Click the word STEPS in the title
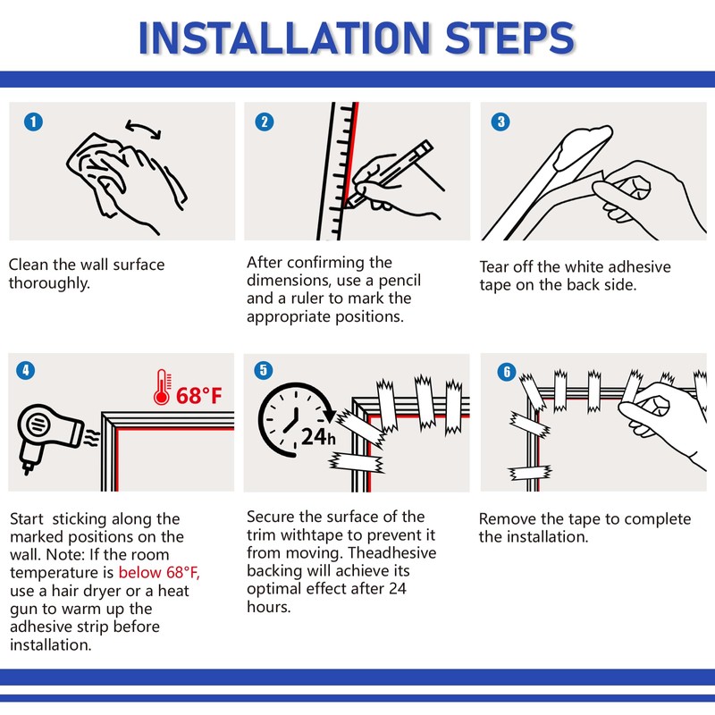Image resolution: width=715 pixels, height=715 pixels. [509, 38]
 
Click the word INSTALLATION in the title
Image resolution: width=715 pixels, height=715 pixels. [284, 38]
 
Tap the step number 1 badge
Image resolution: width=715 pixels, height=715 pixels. [33, 122]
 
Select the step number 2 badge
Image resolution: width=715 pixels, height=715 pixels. [265, 122]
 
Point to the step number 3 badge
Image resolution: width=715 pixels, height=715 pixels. [500, 122]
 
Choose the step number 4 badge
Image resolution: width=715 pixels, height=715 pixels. [26, 370]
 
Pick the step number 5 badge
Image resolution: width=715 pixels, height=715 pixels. [263, 370]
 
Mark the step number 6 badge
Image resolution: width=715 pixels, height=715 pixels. [506, 372]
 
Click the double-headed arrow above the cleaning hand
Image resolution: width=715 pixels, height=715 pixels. [143, 129]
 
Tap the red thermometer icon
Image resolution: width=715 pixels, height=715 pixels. [163, 387]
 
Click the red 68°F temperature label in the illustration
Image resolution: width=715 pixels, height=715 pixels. [198, 395]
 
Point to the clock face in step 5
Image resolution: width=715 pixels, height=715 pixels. [296, 419]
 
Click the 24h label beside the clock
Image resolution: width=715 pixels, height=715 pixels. [318, 437]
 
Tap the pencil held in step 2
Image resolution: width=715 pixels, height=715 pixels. [388, 173]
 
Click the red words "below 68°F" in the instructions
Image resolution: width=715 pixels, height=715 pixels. [159, 572]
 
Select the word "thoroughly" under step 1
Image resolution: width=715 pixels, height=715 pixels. [49, 283]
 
